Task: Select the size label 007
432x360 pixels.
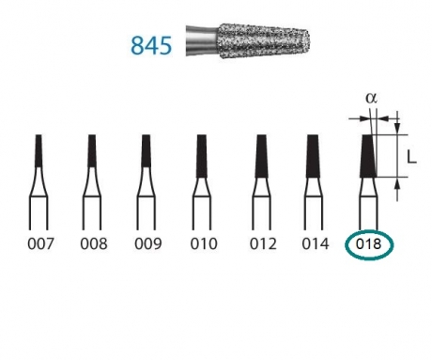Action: click(39, 244)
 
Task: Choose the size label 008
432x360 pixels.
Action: click(93, 244)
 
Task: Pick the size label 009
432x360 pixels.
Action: click(147, 244)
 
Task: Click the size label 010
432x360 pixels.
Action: click(202, 244)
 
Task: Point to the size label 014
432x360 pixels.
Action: click(315, 244)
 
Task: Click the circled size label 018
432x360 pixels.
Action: click(369, 244)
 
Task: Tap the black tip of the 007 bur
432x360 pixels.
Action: click(39, 150)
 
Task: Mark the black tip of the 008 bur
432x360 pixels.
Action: click(92, 150)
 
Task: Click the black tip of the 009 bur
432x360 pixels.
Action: click(147, 150)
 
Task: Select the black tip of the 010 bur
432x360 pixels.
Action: click(202, 153)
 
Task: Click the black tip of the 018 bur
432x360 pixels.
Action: click(368, 155)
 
